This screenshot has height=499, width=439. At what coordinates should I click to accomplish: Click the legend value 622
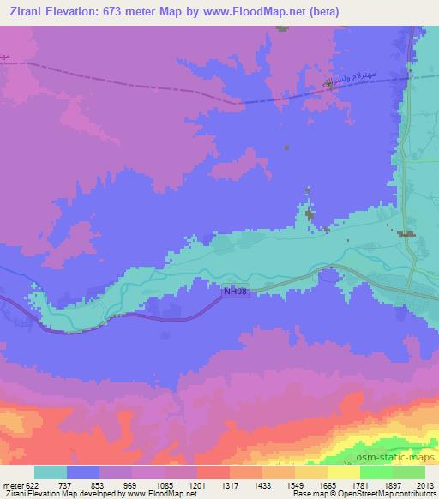[31, 485]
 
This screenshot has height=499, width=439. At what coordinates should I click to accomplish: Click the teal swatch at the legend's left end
[50, 472]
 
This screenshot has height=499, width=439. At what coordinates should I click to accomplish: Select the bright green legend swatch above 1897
[376, 472]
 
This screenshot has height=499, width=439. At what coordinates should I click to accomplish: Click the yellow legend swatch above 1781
[344, 472]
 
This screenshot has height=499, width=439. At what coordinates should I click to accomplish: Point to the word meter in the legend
[12, 485]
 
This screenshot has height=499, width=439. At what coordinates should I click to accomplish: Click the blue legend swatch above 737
[82, 472]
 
